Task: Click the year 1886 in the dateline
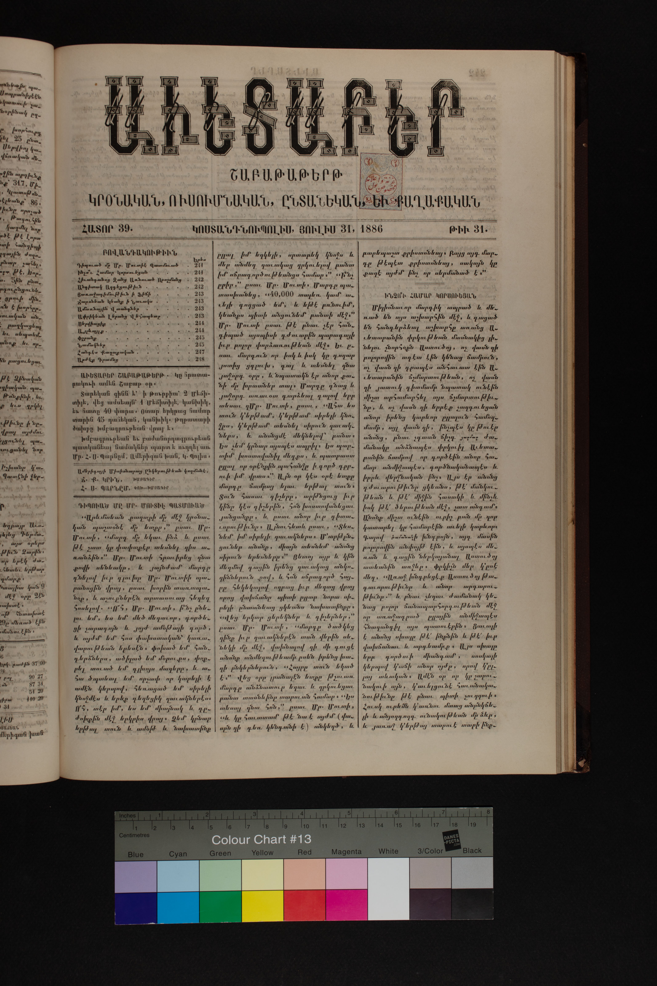(x=370, y=229)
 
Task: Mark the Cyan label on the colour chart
(x=178, y=853)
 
